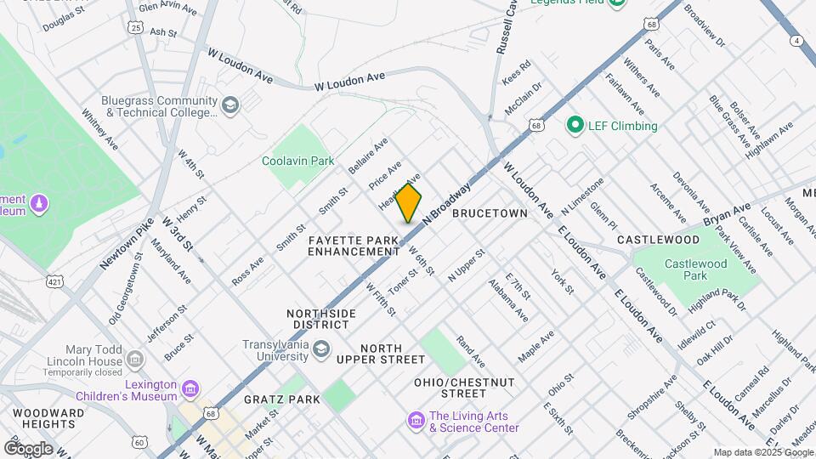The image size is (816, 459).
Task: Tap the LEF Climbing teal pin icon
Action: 574,126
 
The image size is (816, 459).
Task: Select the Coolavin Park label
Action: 297,161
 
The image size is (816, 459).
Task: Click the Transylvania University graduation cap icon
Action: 320,349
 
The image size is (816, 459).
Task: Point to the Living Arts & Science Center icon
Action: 416,421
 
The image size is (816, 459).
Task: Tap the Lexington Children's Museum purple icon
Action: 190,390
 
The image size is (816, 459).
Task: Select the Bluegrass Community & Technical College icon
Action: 229,105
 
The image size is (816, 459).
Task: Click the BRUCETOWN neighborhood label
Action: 490,212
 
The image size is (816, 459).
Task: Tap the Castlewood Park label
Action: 695,269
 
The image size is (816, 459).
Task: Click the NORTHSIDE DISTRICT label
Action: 321,319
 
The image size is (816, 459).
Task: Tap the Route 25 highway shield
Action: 136,28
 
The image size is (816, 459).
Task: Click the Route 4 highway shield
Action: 796,40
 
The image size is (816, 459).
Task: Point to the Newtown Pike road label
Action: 127,244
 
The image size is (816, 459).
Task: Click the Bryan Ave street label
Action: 727,213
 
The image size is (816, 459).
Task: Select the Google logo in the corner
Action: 28,448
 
